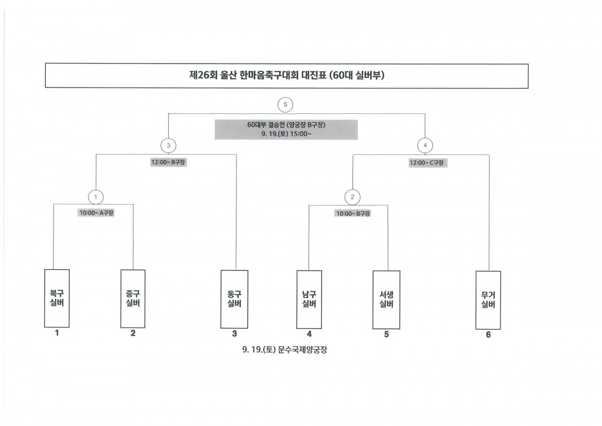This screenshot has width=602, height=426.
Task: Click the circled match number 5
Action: [x=285, y=105]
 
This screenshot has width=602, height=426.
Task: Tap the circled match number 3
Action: [x=169, y=145]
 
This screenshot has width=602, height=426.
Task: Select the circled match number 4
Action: [x=425, y=145]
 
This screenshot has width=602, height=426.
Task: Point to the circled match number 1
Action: [x=96, y=197]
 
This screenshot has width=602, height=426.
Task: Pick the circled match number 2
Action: [x=352, y=197]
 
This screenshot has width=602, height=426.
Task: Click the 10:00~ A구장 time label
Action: [x=96, y=213]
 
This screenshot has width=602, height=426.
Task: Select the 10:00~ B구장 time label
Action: [x=353, y=214]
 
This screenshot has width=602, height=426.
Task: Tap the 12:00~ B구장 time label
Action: [x=168, y=162]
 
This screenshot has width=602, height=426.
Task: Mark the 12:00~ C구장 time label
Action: [x=428, y=163]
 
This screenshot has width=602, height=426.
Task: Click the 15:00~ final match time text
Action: [x=301, y=134]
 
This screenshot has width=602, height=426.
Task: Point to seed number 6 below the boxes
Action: [x=488, y=335]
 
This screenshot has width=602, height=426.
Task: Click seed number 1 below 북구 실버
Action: [x=57, y=333]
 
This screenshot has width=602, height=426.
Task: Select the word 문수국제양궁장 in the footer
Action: [x=302, y=350]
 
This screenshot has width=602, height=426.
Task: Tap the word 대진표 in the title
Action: [x=313, y=75]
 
